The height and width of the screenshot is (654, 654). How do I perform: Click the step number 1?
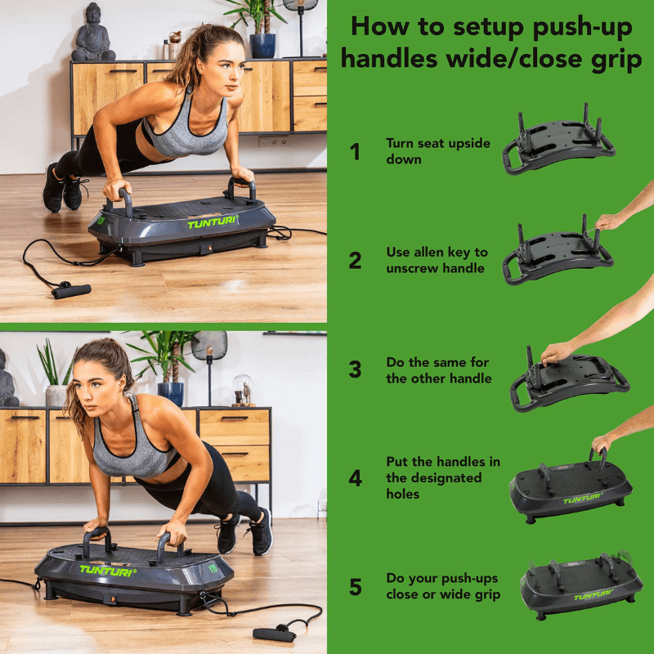click(x=355, y=151)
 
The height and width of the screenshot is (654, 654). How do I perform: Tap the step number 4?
click(x=355, y=478)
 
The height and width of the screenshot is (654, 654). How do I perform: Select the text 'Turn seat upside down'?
click(x=437, y=151)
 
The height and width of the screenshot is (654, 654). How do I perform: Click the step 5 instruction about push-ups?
click(x=442, y=586)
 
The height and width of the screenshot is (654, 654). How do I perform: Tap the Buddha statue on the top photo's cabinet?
click(x=92, y=34)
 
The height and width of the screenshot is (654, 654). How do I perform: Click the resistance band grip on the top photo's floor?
click(x=71, y=289)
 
